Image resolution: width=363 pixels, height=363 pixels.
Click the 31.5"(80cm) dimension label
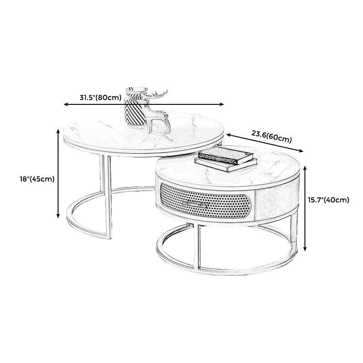click(100, 97)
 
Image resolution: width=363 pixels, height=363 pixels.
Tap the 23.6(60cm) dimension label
click(271, 136)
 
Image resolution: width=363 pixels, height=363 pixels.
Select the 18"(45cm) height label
click(37, 179)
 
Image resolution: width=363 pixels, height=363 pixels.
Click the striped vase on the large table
click(134, 109)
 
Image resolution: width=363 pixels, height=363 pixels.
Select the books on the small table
click(224, 160)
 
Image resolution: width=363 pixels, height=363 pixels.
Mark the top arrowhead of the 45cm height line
click(59, 130)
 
